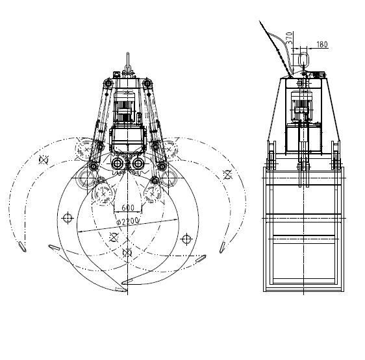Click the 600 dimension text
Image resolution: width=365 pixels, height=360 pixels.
tap(128, 208)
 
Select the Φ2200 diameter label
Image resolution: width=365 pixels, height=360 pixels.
tap(127, 222)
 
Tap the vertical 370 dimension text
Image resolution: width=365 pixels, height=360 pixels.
tap(289, 38)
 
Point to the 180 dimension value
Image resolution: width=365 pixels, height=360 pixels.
tap(322, 44)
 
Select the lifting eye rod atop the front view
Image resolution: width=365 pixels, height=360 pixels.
tap(127, 61)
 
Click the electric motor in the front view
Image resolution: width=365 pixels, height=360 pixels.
tap(124, 107)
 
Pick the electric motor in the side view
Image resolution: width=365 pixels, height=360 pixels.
tap(301, 105)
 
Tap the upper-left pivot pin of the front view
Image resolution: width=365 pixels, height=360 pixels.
tap(108, 83)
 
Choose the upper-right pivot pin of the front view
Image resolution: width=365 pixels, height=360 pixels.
tap(147, 83)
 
